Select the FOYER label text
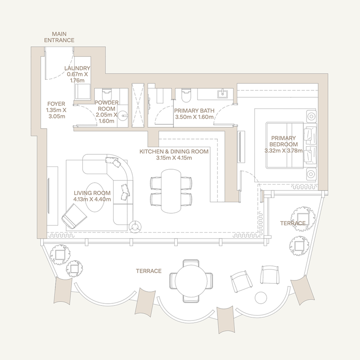[56, 102]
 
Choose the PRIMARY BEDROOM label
[281, 141]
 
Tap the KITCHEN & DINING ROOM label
[174, 152]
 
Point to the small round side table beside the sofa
[136, 227]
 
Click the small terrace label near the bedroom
[292, 223]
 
